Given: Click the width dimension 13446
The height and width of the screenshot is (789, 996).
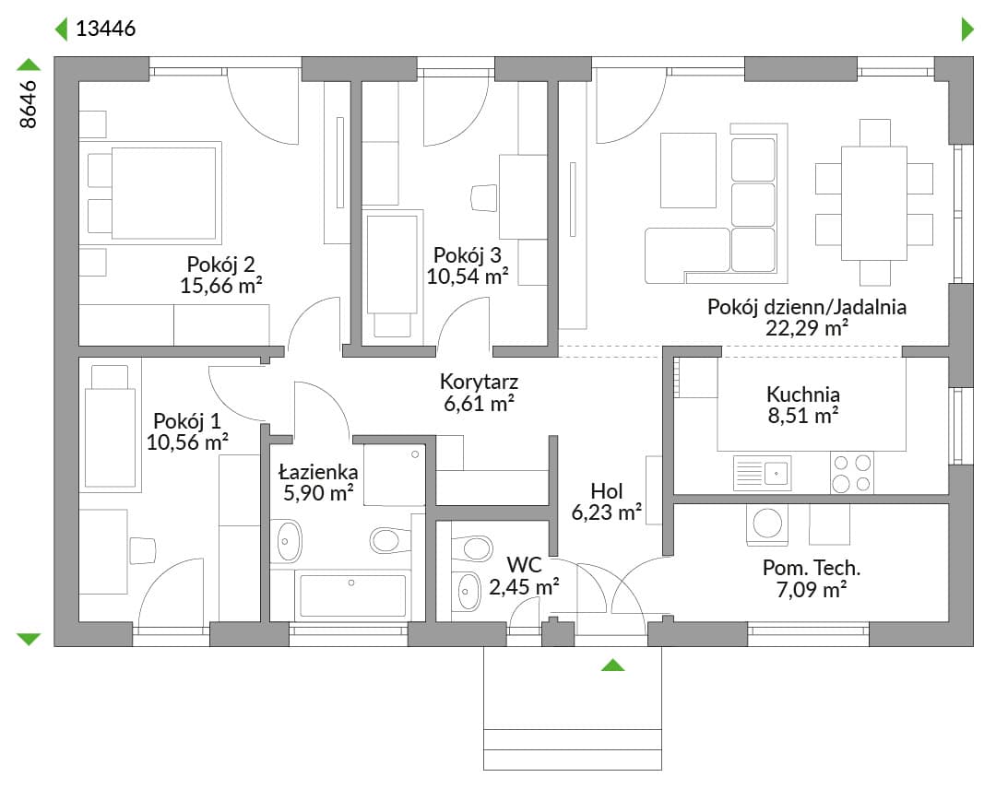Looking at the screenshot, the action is [105, 29].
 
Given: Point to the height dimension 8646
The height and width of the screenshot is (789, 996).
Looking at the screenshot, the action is [28, 104].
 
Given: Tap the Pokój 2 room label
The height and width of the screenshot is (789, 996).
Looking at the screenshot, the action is [220, 264].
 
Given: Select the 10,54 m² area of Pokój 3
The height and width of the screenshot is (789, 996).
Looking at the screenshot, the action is [467, 277].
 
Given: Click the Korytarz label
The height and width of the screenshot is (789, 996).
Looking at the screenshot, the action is [479, 382].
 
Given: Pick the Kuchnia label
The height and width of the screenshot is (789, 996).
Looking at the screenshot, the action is [803, 394].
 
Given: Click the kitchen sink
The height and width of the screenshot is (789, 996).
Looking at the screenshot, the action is [763, 473].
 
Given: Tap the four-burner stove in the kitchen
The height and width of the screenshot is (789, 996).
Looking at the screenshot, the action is [852, 473].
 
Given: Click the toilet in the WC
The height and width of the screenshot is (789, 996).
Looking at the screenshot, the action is [471, 548].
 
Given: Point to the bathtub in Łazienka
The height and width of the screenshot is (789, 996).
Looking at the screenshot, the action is [352, 595].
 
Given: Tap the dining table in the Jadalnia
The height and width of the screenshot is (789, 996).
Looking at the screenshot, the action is [874, 203].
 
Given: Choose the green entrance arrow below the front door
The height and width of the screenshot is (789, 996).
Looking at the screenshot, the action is [613, 665].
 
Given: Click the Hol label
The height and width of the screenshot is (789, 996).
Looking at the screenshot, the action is [607, 490].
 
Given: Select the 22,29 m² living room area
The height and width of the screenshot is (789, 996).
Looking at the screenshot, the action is [807, 328].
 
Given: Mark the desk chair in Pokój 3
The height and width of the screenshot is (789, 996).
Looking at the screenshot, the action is [484, 197].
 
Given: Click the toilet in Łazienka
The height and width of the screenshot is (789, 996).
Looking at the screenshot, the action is [390, 540].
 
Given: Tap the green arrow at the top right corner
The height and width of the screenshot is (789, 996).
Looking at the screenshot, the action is [967, 29].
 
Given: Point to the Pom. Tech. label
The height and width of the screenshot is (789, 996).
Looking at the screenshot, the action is [812, 568].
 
